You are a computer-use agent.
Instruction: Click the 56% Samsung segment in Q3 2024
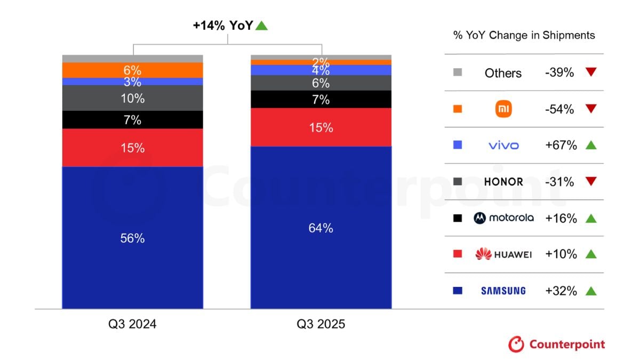[x=132, y=238]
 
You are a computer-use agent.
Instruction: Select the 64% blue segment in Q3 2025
[x=321, y=228]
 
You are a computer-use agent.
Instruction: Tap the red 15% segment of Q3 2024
[x=132, y=148]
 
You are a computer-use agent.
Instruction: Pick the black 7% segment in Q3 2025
[x=321, y=99]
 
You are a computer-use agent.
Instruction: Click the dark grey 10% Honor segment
[x=132, y=98]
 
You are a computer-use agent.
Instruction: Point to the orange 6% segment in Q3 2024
[x=132, y=70]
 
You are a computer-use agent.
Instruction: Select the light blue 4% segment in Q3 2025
[x=321, y=70]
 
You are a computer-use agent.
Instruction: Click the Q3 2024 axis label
[x=132, y=324]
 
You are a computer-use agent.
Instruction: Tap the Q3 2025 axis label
[x=321, y=324]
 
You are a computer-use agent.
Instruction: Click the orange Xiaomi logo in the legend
[x=503, y=109]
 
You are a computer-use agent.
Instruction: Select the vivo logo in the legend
[x=503, y=146]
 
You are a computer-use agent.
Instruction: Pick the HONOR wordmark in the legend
[x=503, y=182]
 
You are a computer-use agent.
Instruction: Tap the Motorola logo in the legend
[x=503, y=218]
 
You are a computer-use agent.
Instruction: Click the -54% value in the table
[x=559, y=109]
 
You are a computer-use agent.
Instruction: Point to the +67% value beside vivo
[x=561, y=146]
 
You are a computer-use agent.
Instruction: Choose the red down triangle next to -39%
[x=590, y=73]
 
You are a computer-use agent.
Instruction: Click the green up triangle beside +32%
[x=590, y=291]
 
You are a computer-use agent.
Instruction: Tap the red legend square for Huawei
[x=458, y=254]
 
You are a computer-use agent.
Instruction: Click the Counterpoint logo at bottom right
[x=556, y=344]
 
